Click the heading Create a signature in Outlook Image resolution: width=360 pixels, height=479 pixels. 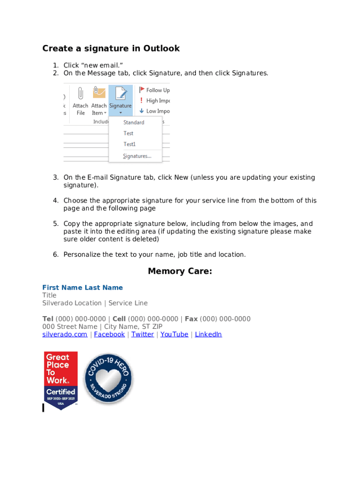pyautogui.click(x=111, y=49)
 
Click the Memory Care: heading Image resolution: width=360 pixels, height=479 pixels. pyautogui.click(x=180, y=271)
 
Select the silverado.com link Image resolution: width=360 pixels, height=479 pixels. pyautogui.click(x=65, y=334)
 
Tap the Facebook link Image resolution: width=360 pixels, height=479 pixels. pyautogui.click(x=109, y=334)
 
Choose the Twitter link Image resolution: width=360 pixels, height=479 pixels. pyautogui.click(x=143, y=334)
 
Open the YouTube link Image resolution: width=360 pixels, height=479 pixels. pyautogui.click(x=174, y=334)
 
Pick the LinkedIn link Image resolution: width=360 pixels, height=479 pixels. pyautogui.click(x=208, y=334)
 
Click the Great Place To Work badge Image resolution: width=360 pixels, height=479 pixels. pyautogui.click(x=61, y=380)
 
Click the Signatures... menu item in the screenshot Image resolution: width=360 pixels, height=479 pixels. pyautogui.click(x=137, y=156)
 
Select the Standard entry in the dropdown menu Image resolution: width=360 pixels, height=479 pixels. pyautogui.click(x=134, y=123)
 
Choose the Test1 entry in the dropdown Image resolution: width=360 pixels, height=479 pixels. pyautogui.click(x=130, y=145)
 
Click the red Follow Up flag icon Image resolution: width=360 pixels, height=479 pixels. pyautogui.click(x=142, y=90)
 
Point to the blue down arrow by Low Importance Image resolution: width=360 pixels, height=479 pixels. pyautogui.click(x=142, y=111)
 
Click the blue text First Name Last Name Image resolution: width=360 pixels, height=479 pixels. pyautogui.click(x=83, y=288)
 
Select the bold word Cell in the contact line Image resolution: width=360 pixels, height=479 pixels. pyautogui.click(x=119, y=319)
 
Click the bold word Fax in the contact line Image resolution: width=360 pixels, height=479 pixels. pyautogui.click(x=191, y=319)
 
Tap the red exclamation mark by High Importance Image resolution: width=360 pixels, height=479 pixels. pyautogui.click(x=142, y=101)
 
